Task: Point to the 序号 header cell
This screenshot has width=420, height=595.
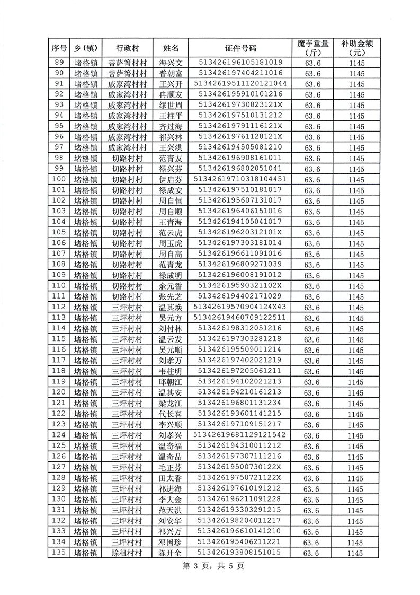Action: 59,48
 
